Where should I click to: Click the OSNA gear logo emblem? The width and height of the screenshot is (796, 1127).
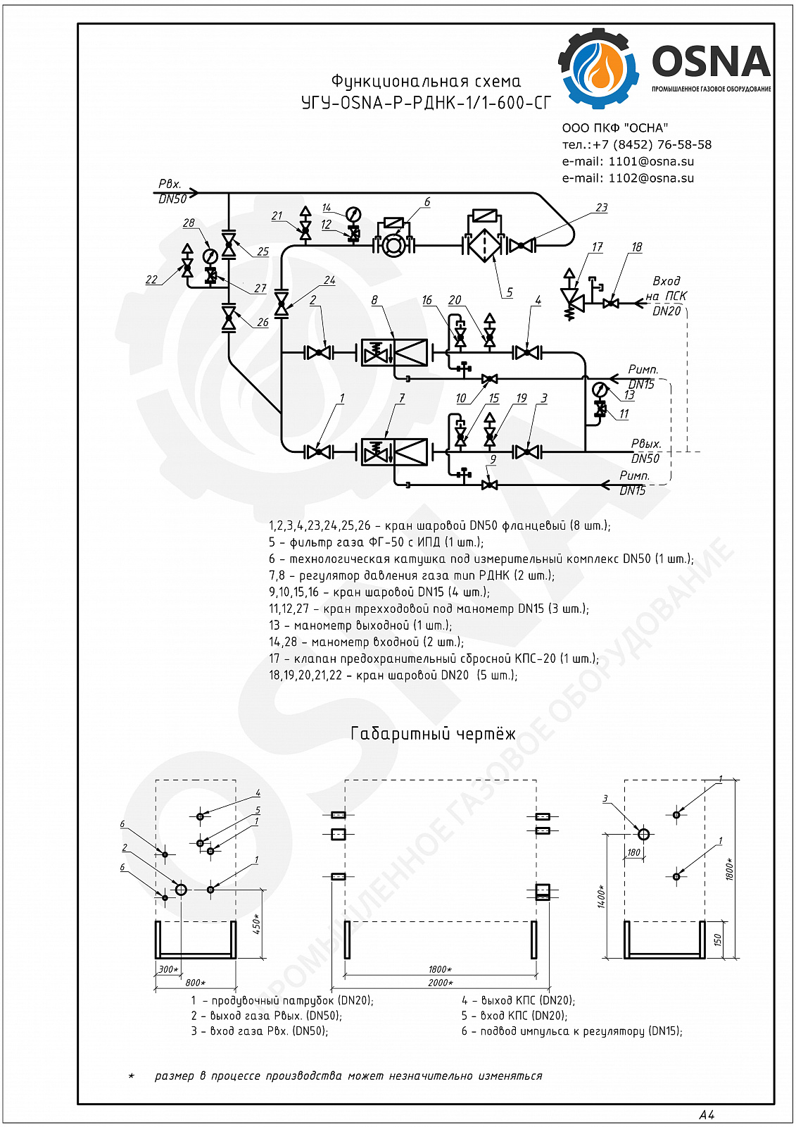tap(598, 69)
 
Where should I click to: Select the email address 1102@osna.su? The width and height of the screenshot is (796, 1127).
tap(651, 178)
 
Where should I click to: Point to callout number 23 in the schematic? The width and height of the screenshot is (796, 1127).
tap(602, 208)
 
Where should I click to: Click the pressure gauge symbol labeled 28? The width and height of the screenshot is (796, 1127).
tap(209, 256)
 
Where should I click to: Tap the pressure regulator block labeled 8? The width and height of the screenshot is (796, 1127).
tap(395, 352)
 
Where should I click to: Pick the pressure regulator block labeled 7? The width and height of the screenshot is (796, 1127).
tap(395, 452)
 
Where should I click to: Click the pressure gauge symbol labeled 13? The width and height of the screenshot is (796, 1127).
tap(600, 390)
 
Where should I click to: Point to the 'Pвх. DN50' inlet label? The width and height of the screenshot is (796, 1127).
tap(172, 192)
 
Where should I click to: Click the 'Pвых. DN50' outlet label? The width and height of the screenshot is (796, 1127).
tap(645, 452)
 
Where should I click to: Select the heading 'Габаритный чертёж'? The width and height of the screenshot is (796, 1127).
tap(433, 734)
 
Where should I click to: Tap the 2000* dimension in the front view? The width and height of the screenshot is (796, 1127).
tap(441, 983)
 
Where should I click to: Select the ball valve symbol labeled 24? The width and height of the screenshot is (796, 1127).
tap(282, 304)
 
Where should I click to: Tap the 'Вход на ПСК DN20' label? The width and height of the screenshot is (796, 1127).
tap(666, 296)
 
